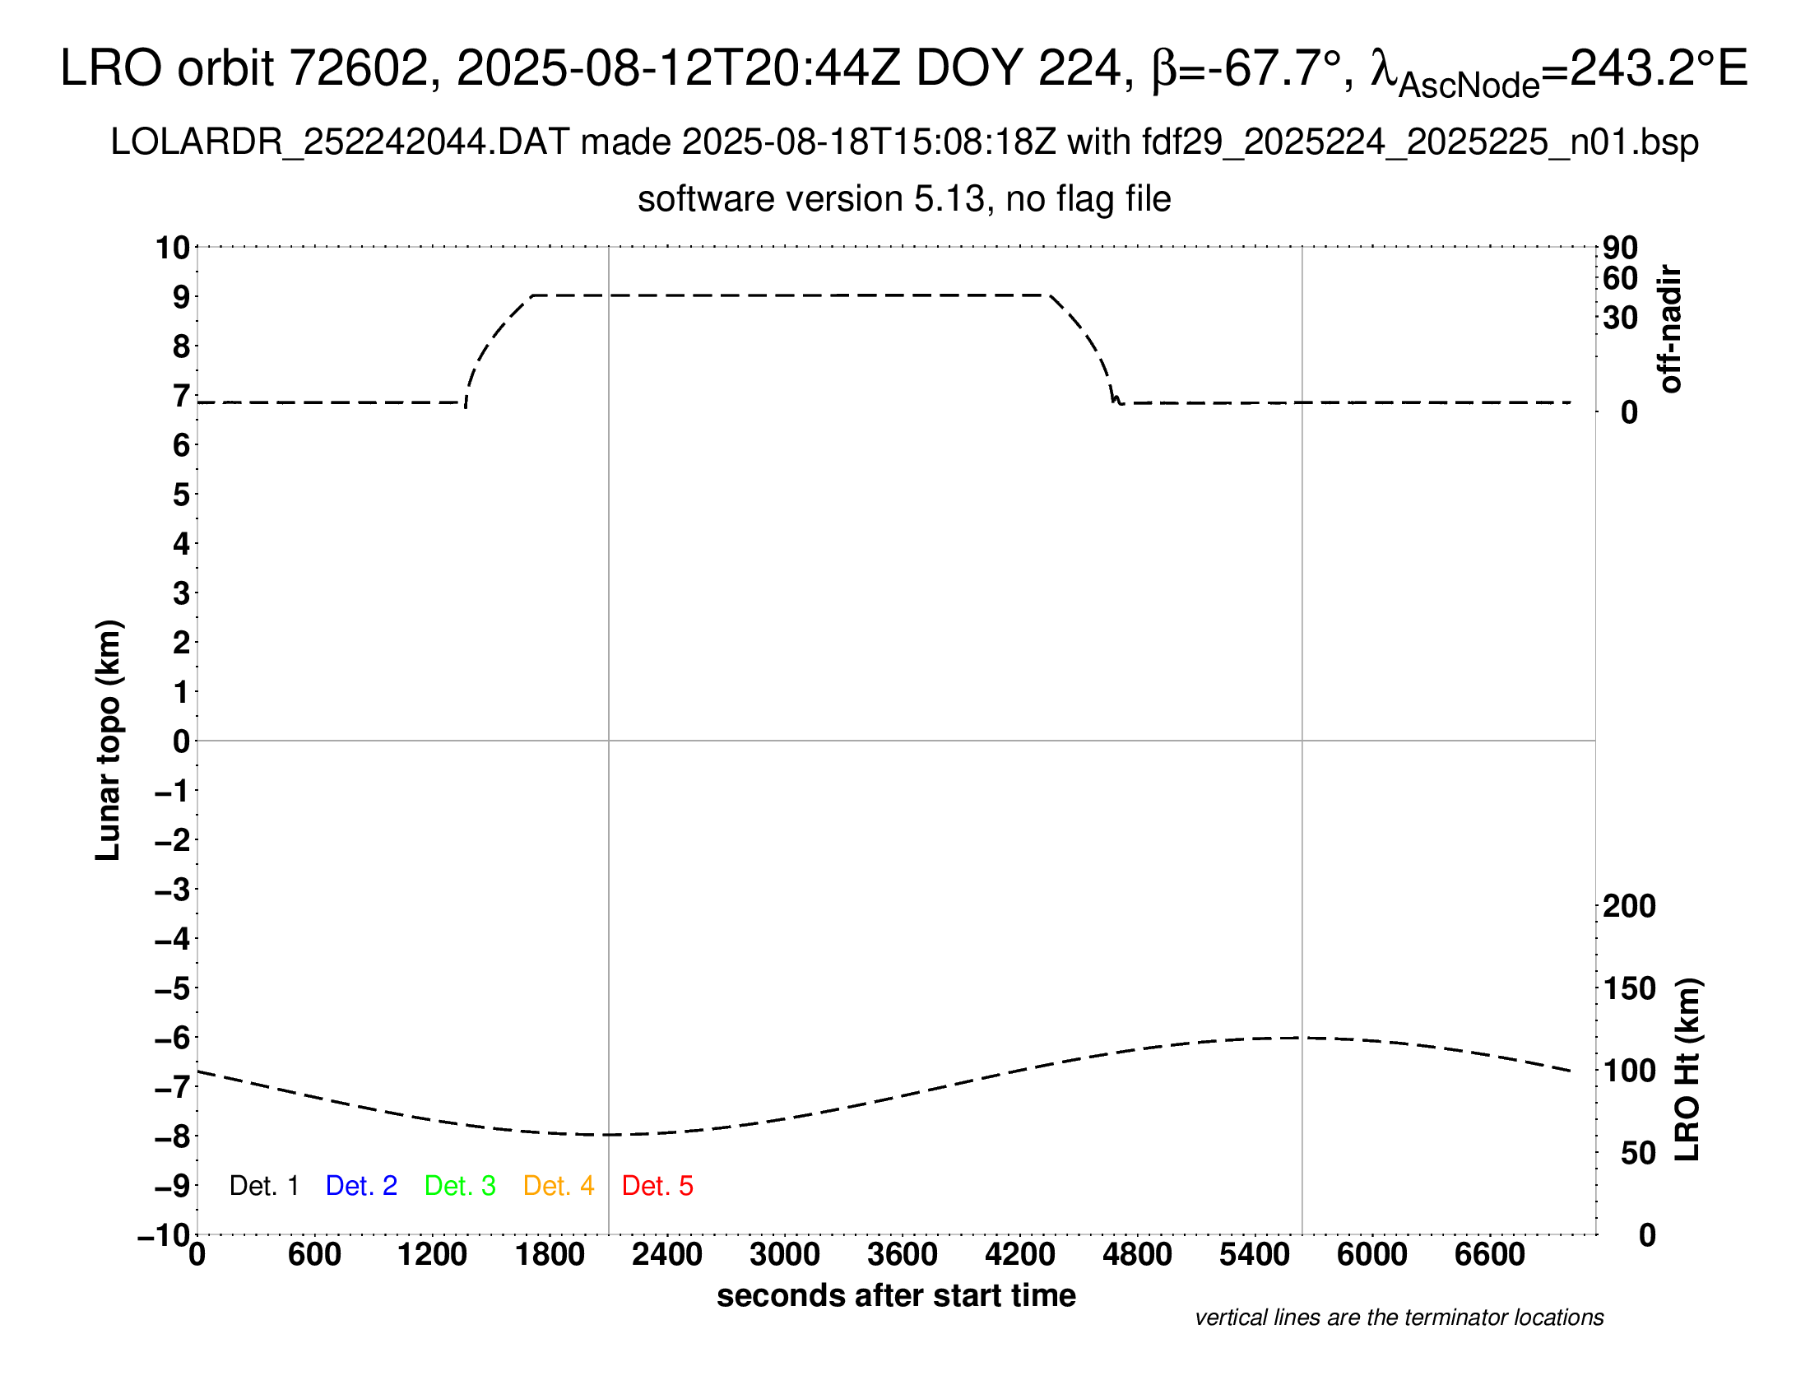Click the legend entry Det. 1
click(263, 1186)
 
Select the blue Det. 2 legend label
click(361, 1186)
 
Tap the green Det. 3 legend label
click(460, 1186)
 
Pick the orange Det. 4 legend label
click(559, 1186)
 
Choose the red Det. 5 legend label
click(657, 1186)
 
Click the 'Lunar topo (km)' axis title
click(109, 740)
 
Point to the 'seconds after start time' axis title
click(896, 1295)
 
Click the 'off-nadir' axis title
click(1670, 329)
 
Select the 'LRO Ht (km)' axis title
click(1687, 1070)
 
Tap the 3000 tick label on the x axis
click(784, 1255)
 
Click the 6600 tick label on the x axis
click(1489, 1255)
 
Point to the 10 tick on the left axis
click(174, 247)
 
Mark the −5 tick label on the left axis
click(173, 988)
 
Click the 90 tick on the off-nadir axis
click(1620, 248)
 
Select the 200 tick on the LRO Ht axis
click(1629, 906)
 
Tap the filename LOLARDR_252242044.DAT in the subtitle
click(340, 142)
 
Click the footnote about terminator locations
click(1399, 1318)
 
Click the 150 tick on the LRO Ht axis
click(1629, 988)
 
